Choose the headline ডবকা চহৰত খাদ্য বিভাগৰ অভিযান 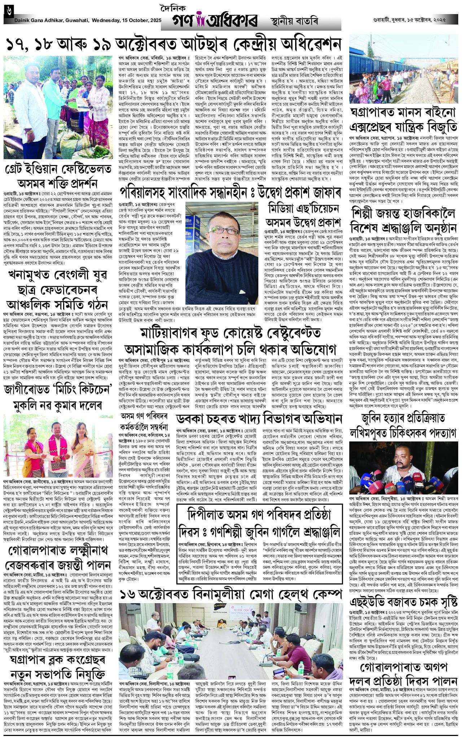pos(259,418)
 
